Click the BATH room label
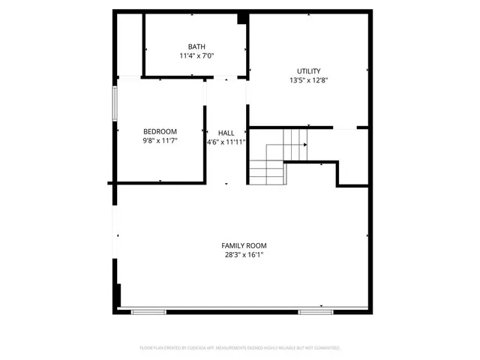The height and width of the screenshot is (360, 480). coord(196,46)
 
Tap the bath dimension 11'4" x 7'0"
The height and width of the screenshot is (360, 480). coord(196,55)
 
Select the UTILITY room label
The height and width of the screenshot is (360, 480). coord(308,71)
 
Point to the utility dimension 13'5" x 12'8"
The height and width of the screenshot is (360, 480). coord(308,80)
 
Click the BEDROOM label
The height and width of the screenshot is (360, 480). coord(160,131)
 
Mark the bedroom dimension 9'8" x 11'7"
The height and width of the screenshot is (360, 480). coord(160,140)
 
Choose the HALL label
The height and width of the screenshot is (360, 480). coord(226,132)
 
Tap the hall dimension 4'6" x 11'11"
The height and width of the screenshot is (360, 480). coord(226,141)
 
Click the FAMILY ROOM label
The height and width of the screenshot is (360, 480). coord(243,245)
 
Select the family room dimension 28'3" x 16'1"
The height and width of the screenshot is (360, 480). coord(243,255)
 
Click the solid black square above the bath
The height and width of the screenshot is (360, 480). coord(242,19)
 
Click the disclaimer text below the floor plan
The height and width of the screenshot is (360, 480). coord(240,348)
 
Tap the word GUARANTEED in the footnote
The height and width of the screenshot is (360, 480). coord(326,348)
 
